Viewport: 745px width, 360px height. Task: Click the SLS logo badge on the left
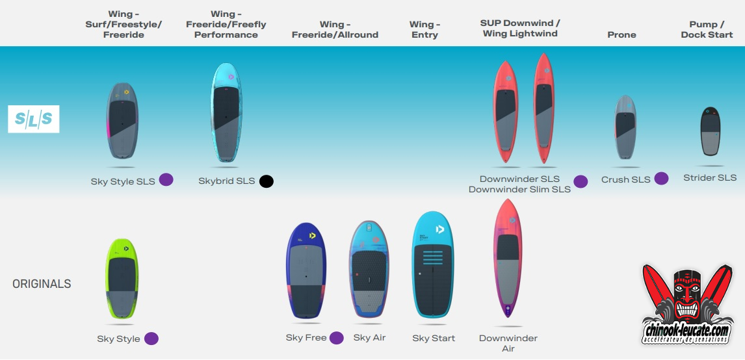[x=34, y=119]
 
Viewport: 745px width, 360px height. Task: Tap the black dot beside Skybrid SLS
[x=266, y=181]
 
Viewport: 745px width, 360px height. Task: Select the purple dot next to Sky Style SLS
[x=166, y=180]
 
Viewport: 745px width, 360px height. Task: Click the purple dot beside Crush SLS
[x=661, y=179]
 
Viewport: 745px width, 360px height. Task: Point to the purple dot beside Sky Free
[x=337, y=338]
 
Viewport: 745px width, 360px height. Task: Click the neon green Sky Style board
[x=122, y=279]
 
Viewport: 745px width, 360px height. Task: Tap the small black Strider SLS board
[x=711, y=131]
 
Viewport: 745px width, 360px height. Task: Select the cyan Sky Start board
[x=434, y=264]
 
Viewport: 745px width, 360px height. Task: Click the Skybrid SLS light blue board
[x=226, y=113]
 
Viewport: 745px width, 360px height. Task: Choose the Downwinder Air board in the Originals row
[x=508, y=259]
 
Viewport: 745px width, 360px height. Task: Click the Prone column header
[x=621, y=34]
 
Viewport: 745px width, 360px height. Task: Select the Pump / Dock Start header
[x=707, y=29]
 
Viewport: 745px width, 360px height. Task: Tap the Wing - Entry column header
[x=425, y=29]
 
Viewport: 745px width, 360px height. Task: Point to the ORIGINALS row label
[x=42, y=284]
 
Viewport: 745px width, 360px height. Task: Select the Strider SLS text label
[x=710, y=177]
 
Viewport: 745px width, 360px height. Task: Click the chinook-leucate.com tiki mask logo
[x=686, y=303]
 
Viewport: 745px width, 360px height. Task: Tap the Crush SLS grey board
[x=625, y=127]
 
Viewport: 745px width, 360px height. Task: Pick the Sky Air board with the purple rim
[x=370, y=268]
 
